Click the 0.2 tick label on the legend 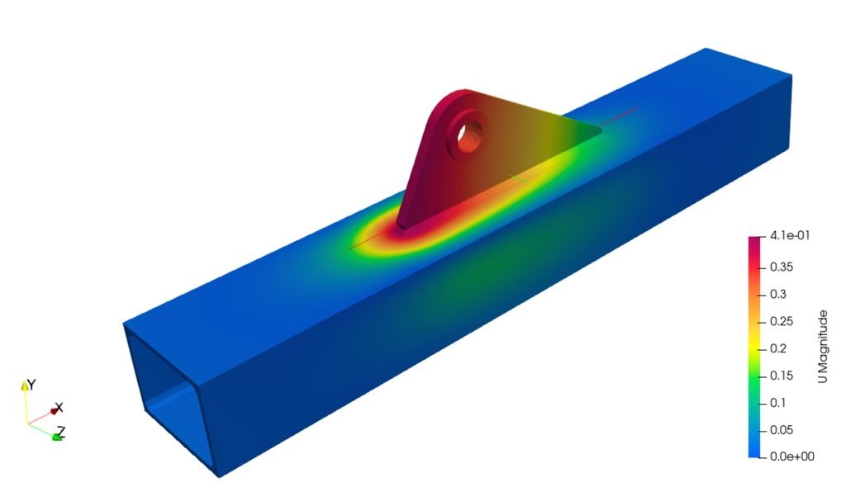[778, 348]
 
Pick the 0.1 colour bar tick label [778, 403]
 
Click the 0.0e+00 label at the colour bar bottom [789, 456]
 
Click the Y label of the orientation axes [31, 385]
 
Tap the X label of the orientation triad [59, 408]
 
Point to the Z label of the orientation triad [61, 430]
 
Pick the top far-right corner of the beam [791, 75]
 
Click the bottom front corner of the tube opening [218, 475]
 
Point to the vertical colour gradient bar [755, 347]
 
